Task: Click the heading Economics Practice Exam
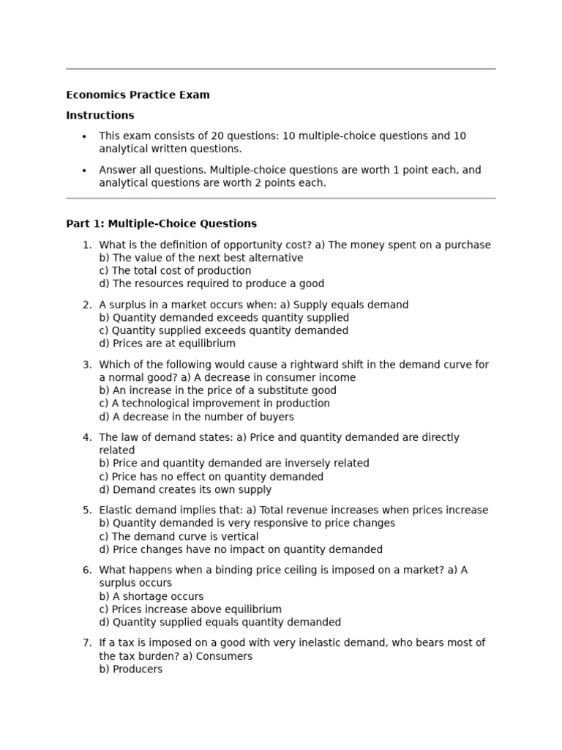tap(138, 94)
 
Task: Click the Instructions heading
tap(100, 115)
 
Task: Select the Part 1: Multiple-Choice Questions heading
tap(161, 223)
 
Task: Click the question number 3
tap(87, 364)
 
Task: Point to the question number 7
tap(87, 642)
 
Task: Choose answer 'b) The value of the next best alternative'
tap(201, 258)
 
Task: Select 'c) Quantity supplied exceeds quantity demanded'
tap(223, 330)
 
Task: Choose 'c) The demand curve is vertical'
tap(179, 536)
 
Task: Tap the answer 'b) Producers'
tap(131, 669)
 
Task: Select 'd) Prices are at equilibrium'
tap(167, 344)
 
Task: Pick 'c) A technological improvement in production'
tap(214, 403)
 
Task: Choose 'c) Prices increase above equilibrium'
tap(190, 609)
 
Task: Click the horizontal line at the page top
tap(281, 69)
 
